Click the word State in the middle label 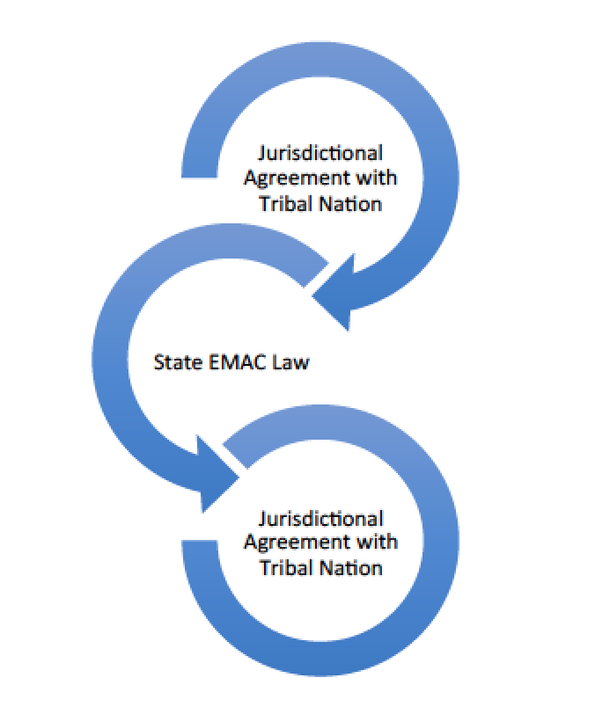[x=175, y=361]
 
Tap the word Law [x=290, y=361]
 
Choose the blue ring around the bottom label [x=431, y=545]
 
